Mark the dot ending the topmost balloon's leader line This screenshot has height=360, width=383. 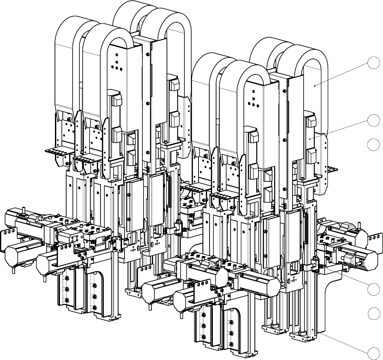click(315, 86)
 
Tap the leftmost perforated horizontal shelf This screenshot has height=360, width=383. click(57, 151)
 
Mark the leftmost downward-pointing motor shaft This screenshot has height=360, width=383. click(14, 270)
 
